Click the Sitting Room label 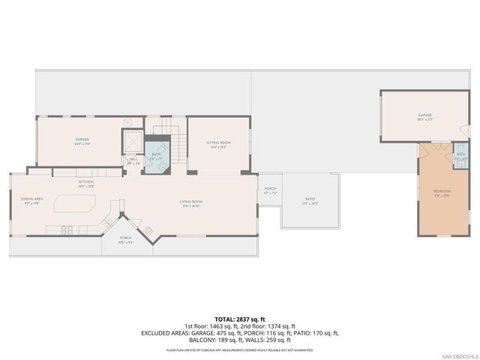[218, 143]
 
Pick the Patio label [310, 200]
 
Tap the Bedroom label [442, 193]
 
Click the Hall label [133, 159]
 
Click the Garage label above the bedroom [425, 116]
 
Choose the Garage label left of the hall [82, 141]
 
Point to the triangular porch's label [127, 240]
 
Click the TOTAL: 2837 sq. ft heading [240, 319]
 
